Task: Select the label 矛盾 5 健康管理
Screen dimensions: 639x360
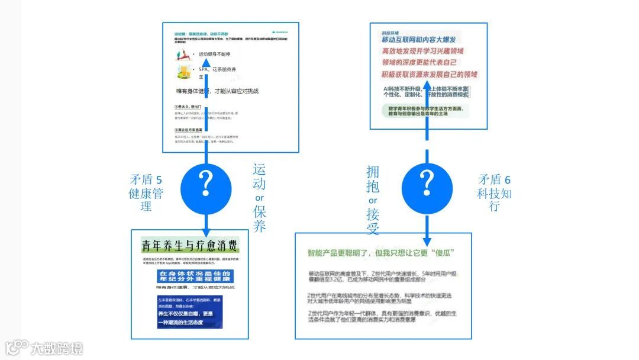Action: click(146, 192)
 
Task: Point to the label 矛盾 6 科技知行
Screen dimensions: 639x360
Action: click(495, 192)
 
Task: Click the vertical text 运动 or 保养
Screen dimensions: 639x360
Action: click(259, 198)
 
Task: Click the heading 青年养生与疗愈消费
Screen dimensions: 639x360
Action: click(190, 245)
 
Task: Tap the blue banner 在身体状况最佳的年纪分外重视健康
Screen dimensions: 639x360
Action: click(196, 276)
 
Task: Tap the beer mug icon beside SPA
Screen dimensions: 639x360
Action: click(183, 72)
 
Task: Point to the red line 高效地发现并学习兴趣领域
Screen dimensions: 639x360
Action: click(422, 51)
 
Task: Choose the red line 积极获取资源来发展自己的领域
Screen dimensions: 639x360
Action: click(429, 75)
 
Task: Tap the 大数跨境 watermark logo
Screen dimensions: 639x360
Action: click(44, 348)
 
